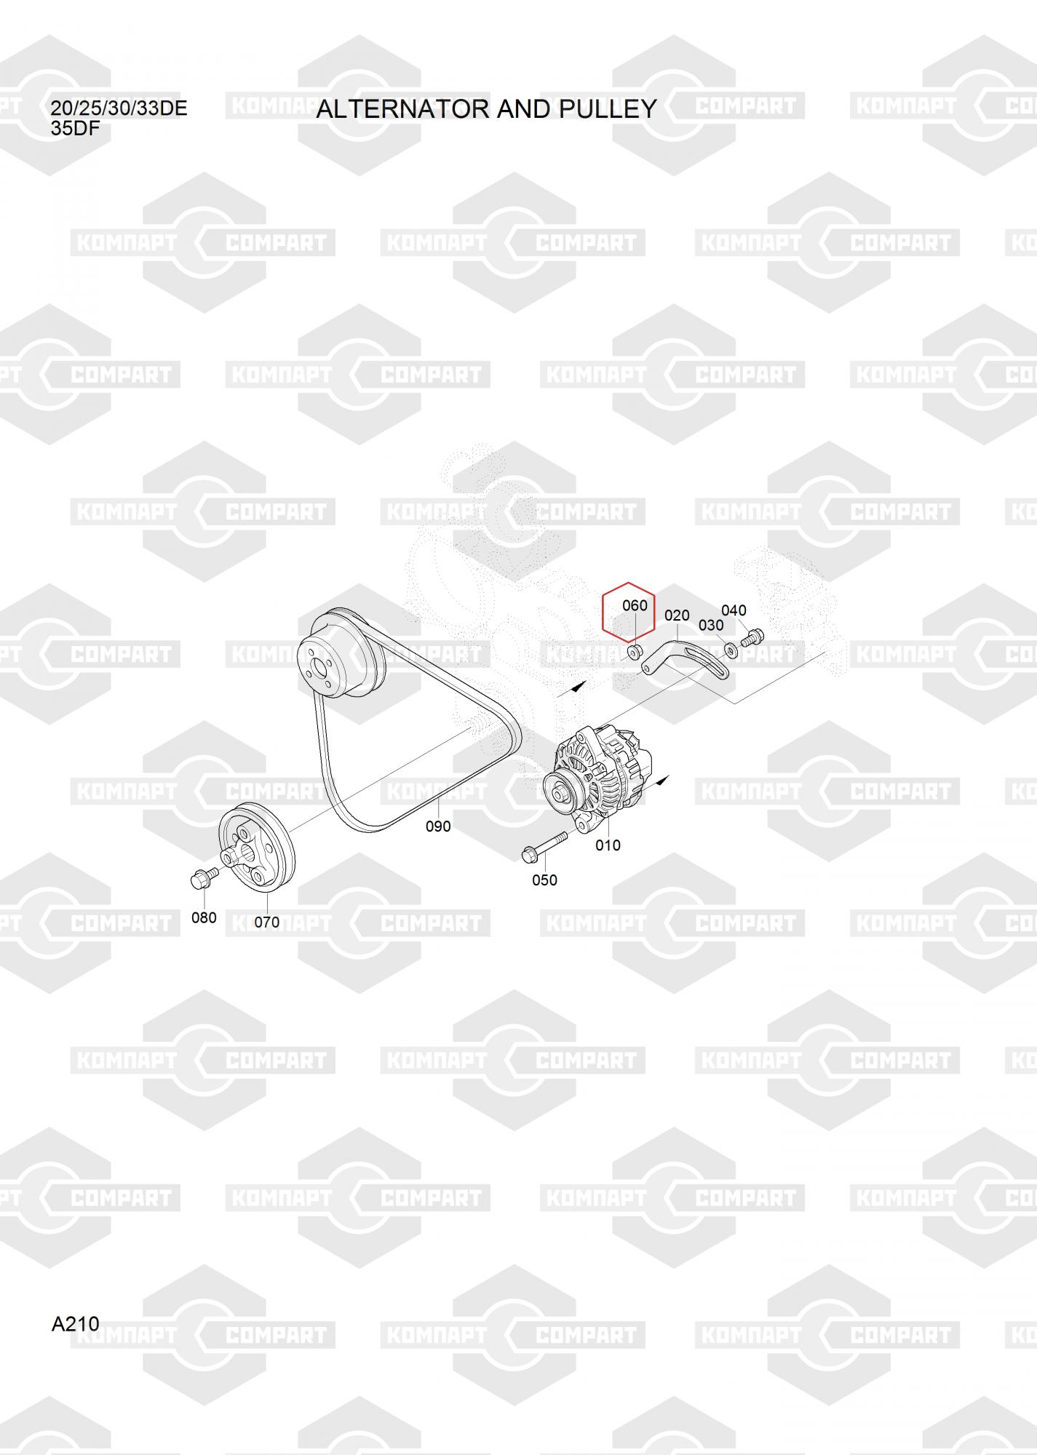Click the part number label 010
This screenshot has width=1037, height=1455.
(608, 845)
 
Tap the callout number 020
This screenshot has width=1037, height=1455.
(677, 615)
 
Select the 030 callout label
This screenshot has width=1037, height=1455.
(711, 625)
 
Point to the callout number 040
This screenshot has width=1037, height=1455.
(734, 610)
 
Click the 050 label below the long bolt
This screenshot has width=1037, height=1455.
(544, 880)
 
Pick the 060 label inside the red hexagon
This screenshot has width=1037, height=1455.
(635, 605)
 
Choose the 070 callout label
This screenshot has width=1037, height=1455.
(266, 922)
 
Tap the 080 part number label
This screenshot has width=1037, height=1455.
(204, 918)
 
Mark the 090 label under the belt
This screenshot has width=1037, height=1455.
(438, 826)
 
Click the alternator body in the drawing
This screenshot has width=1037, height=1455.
(600, 778)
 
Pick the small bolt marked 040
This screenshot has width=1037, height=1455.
(752, 638)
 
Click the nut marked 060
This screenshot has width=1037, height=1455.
(634, 650)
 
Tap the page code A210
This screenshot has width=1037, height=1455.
(75, 1323)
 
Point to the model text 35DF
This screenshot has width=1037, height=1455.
(75, 129)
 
